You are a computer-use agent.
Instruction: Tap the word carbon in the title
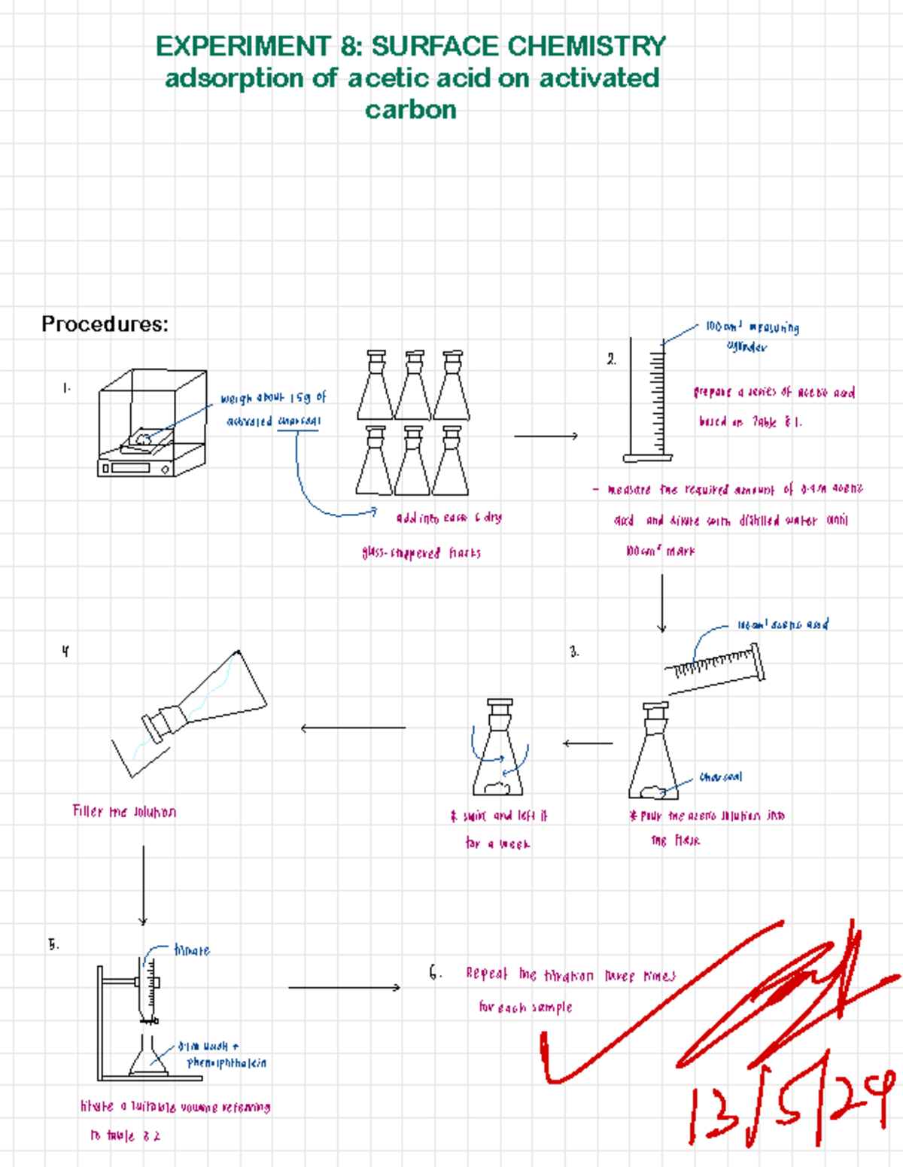click(x=411, y=110)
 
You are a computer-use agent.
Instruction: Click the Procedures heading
click(x=105, y=324)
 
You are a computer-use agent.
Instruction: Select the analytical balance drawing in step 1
click(x=151, y=424)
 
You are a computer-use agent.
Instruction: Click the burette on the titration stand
click(x=149, y=986)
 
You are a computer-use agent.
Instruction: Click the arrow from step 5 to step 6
click(x=344, y=987)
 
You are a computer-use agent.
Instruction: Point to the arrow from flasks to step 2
click(x=546, y=436)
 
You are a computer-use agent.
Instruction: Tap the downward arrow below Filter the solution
click(x=143, y=885)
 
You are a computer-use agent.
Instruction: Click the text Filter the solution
click(x=124, y=812)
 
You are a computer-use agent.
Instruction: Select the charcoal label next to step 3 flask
click(x=720, y=776)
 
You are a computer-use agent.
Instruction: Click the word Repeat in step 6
click(x=487, y=974)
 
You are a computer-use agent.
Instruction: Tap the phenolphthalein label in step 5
click(x=227, y=1063)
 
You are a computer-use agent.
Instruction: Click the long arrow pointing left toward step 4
click(x=353, y=728)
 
